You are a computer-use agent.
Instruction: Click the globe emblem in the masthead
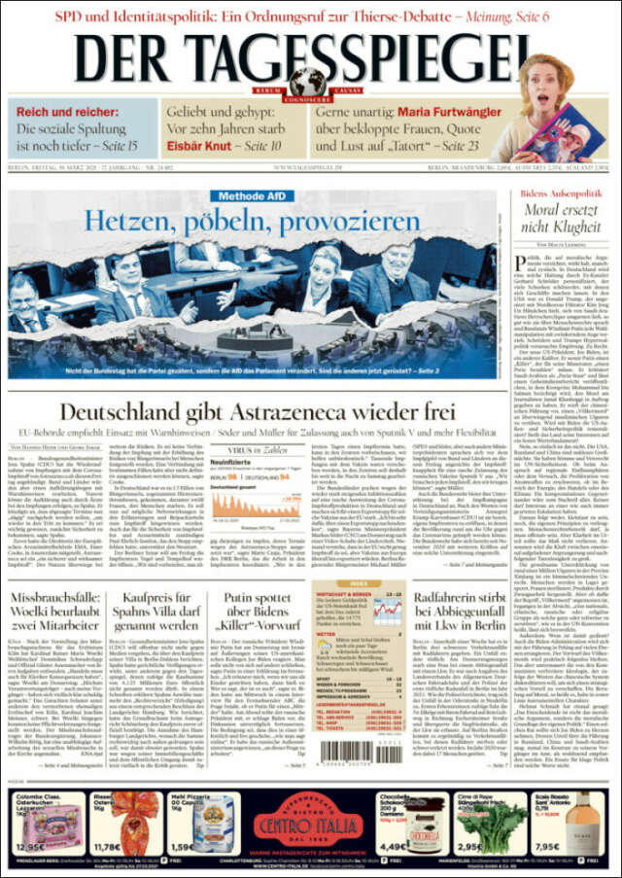click(309, 80)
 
